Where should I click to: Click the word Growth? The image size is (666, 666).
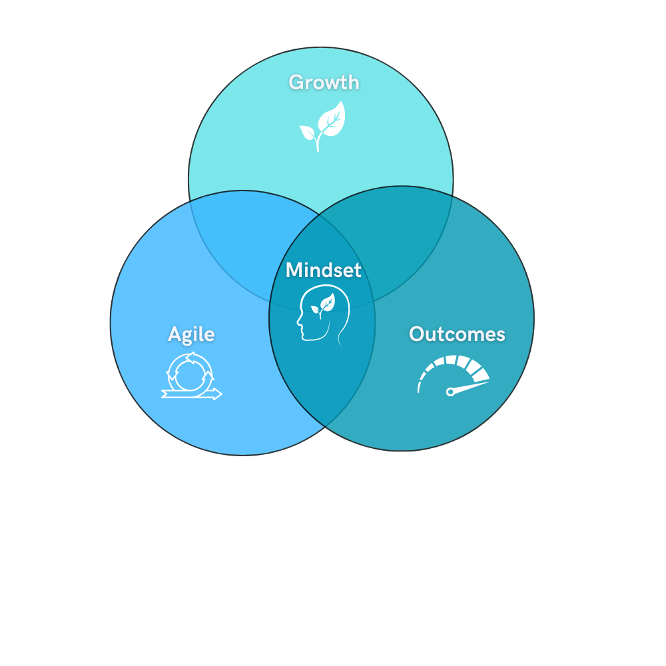click(x=324, y=83)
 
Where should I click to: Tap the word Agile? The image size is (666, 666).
click(x=191, y=334)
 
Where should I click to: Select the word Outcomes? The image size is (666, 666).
click(x=457, y=334)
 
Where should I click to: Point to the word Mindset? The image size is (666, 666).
click(x=324, y=270)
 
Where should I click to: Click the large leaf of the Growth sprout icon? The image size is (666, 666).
click(x=331, y=118)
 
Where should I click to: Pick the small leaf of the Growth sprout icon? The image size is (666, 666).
click(x=308, y=132)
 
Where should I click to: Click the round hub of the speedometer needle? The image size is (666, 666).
click(x=450, y=392)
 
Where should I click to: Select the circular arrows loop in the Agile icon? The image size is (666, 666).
click(x=191, y=371)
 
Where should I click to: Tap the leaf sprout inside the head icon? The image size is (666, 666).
click(x=324, y=304)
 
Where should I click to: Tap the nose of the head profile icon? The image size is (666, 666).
click(x=298, y=324)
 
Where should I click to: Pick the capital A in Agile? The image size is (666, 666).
click(x=174, y=334)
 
